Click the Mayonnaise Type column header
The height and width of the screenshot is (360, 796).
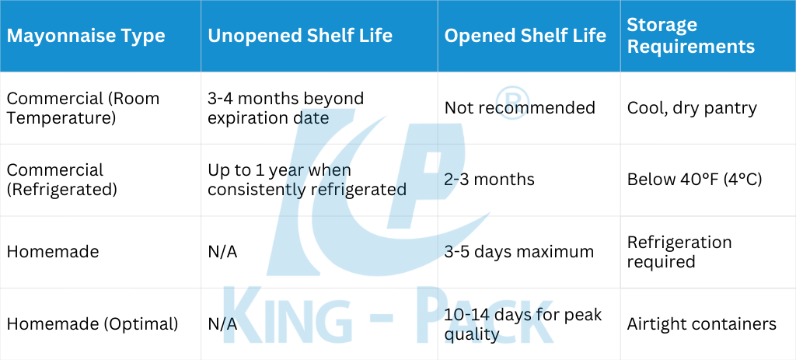point(86,36)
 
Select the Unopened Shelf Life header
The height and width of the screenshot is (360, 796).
point(300,36)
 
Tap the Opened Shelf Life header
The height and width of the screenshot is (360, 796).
point(525,36)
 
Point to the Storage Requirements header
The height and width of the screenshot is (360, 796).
point(691,36)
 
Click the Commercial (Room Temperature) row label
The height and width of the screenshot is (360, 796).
point(82,108)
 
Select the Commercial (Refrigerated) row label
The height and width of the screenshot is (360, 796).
point(62,180)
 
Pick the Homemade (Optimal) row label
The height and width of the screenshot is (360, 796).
point(93,324)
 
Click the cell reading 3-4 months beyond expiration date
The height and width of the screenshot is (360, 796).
point(286,108)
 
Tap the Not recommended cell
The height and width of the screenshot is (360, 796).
point(520,107)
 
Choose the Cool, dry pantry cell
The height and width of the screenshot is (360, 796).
point(692,108)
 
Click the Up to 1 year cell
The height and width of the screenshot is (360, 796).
point(307,180)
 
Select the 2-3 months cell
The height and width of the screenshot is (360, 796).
point(490,180)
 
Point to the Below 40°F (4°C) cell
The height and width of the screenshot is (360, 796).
point(694,180)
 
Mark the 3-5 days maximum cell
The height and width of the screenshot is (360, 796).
point(519,252)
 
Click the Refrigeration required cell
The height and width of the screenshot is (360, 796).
point(679,252)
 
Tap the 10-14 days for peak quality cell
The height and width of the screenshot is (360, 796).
point(523,324)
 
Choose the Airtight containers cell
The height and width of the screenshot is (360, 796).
point(702,324)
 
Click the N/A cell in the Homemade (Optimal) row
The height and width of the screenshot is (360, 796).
point(222,324)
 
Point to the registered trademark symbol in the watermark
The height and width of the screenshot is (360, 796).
point(511,103)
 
